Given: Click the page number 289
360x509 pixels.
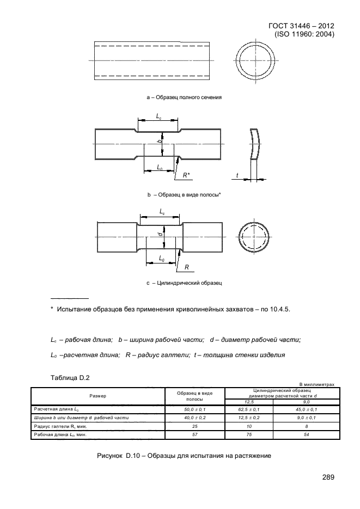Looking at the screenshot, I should (x=327, y=477).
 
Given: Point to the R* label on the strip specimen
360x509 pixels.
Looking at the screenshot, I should (x=186, y=175).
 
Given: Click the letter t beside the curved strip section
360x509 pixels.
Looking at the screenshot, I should (x=237, y=175).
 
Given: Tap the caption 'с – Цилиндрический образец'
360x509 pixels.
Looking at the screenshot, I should (x=183, y=283).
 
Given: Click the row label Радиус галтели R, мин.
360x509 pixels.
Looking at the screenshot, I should (x=60, y=427).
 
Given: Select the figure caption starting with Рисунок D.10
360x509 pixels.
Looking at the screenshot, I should (x=183, y=455).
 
